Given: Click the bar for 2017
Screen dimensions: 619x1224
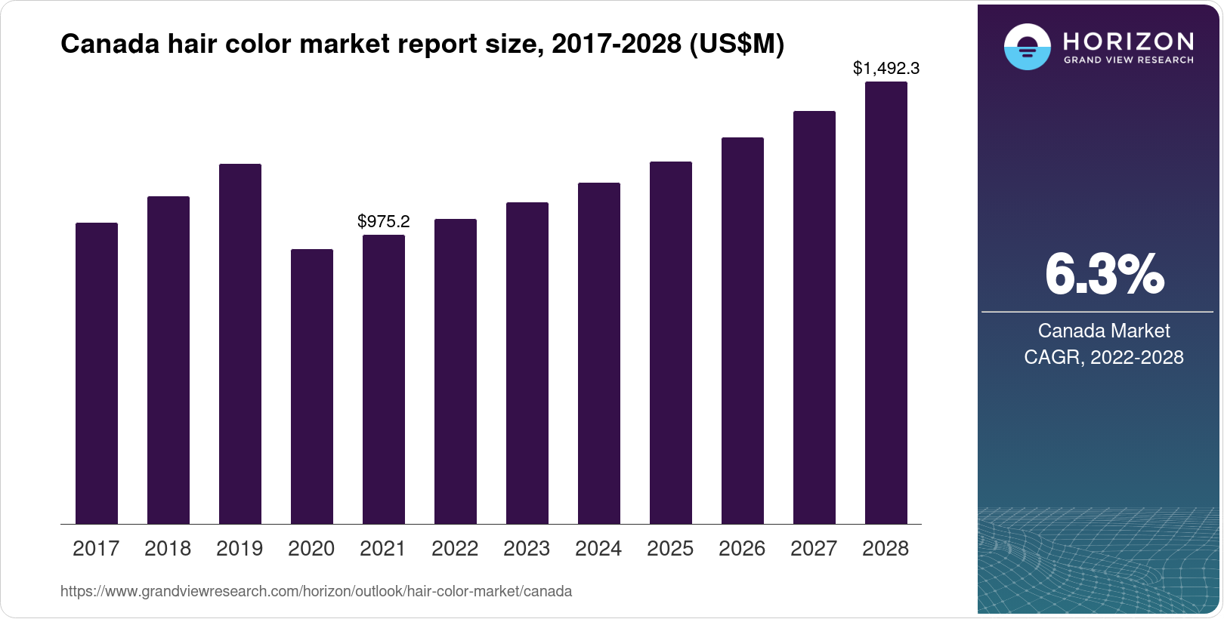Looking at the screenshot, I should tap(97, 373).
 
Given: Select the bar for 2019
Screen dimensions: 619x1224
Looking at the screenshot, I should tap(240, 343).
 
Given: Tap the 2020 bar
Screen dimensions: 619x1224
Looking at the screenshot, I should tap(312, 386).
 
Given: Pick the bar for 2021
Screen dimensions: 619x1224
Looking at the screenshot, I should tap(384, 379).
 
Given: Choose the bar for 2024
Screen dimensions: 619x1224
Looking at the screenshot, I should tap(599, 353).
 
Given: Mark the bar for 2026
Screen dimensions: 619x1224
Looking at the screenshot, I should tap(743, 331).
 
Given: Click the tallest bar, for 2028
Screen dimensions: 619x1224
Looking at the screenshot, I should tap(886, 303).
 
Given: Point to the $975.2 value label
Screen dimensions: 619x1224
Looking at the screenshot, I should tap(384, 221).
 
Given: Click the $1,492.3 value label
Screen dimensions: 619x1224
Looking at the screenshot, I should tap(886, 68).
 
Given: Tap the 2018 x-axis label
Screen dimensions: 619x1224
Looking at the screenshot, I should tap(168, 549).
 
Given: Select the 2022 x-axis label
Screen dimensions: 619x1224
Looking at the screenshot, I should tap(455, 549).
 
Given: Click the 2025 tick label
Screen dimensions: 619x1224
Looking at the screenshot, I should tap(670, 549).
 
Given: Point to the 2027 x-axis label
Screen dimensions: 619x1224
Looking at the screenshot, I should tap(814, 549).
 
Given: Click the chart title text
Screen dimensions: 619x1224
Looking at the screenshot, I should tap(422, 44).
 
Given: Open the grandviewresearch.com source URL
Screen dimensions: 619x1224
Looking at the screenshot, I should tap(316, 592).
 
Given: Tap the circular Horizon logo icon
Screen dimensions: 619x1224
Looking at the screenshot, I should tap(1027, 47).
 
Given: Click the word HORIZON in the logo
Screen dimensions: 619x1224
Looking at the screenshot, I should tap(1129, 41).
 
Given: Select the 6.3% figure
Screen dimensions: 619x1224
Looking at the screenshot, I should tap(1105, 275).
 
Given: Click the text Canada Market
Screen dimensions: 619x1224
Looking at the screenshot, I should tap(1104, 331).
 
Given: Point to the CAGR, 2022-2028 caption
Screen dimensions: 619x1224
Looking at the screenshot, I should tap(1104, 357).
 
